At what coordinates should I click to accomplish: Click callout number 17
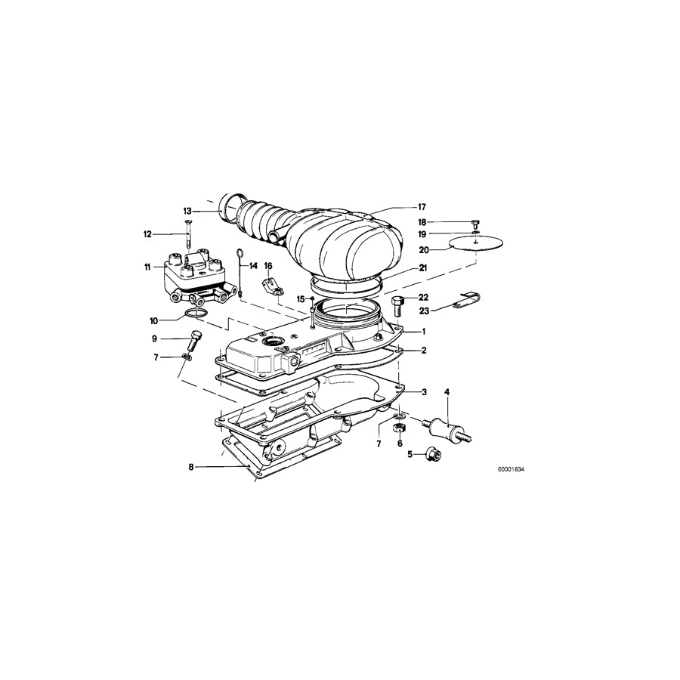[x=422, y=206]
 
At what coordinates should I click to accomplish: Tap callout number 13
[x=187, y=211]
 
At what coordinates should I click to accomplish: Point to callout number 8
[x=191, y=468]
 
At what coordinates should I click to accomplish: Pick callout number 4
[x=447, y=392]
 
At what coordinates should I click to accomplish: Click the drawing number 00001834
[x=511, y=469]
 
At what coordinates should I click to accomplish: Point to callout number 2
[x=424, y=351]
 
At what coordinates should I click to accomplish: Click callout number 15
[x=300, y=299]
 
